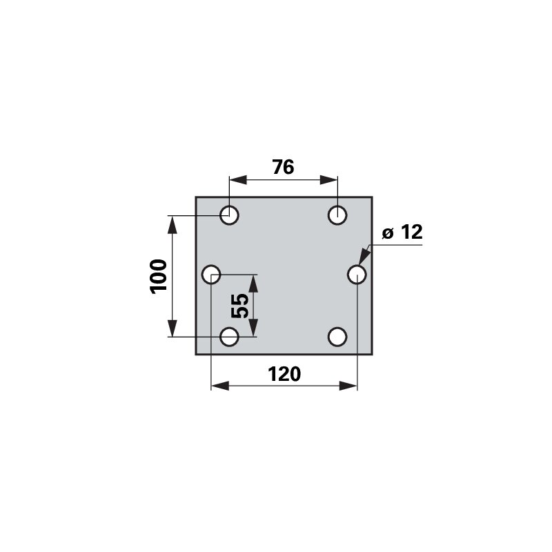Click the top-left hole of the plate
coord(229,215)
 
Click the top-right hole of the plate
coord(337,215)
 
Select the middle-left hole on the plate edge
coord(211,274)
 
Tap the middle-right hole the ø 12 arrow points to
coord(357,274)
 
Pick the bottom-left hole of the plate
coord(229,337)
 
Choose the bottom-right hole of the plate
coord(337,337)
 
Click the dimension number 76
coord(283,167)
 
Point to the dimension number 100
coord(158,277)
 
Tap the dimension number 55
coord(239,306)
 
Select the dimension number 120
coord(284,374)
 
